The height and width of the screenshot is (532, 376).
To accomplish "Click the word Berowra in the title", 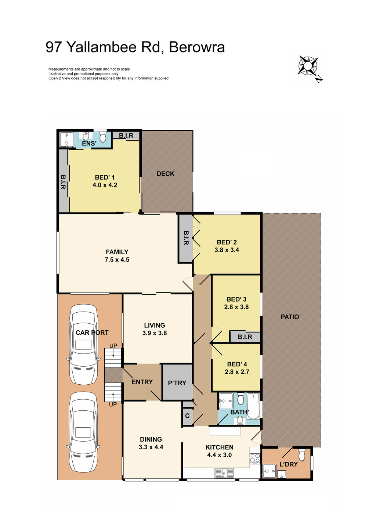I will tap(197, 47).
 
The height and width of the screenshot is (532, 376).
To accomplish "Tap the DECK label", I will tap(165, 174).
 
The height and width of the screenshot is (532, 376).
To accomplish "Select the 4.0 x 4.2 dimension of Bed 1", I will tap(105, 185).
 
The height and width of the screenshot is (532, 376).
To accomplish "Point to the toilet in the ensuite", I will tap(103, 137).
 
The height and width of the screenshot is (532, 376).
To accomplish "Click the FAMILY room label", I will tap(117, 252).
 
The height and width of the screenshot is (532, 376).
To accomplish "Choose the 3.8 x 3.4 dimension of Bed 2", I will tap(227, 250).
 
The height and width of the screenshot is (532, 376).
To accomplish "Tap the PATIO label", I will tap(290, 317).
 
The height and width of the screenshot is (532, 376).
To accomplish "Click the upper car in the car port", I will tap(84, 345).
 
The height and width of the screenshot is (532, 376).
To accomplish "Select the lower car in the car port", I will tap(83, 432).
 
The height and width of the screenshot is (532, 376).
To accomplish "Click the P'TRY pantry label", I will tap(177, 383).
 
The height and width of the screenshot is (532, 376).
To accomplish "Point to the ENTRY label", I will tap(142, 382).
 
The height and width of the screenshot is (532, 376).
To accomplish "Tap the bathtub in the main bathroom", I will tap(253, 406).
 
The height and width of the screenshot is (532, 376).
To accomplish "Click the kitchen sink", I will tap(225, 473).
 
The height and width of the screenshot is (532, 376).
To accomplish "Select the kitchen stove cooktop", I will tap(255, 459).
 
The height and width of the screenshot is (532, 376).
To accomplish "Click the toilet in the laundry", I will tap(302, 455).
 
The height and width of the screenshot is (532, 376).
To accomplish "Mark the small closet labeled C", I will tap(187, 416).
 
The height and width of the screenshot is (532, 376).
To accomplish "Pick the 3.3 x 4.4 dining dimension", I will tap(151, 447).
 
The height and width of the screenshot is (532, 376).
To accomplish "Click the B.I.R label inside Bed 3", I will tap(245, 337).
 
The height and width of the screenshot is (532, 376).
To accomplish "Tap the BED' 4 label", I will tap(237, 364).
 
